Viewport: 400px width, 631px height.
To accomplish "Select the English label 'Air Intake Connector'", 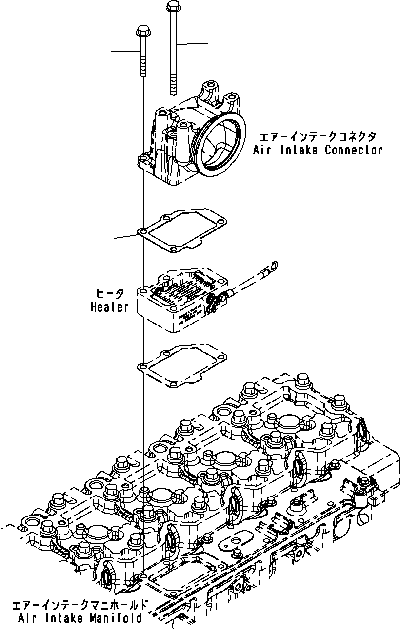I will tap(318, 150).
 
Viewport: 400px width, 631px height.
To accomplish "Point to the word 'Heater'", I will tap(110, 307).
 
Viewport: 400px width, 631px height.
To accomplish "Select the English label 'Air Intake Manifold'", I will tap(80, 619).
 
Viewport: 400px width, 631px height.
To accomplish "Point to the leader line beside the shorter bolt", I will tap(124, 51).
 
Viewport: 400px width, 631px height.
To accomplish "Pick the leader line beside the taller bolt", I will tap(193, 44).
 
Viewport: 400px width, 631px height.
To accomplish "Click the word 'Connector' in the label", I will tap(354, 150).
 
